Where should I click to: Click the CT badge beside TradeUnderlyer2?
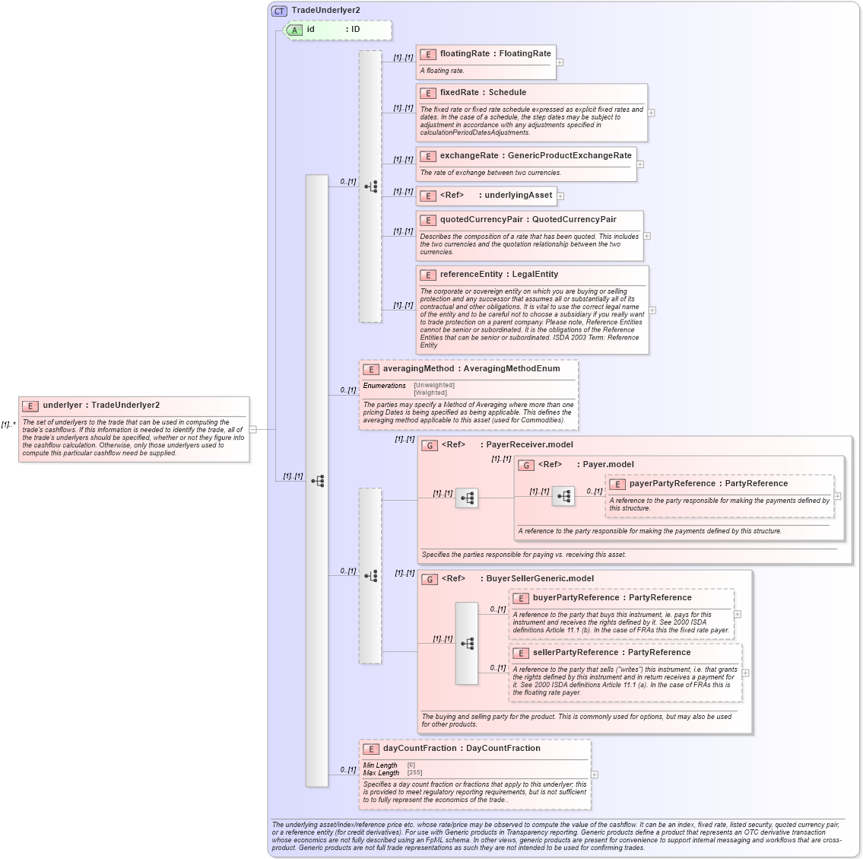279,11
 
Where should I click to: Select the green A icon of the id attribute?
294,30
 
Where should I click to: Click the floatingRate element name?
465,54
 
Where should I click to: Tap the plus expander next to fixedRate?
652,113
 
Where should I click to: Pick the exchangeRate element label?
468,156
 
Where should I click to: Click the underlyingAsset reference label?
518,196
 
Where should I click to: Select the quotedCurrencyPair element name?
481,220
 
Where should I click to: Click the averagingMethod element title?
418,369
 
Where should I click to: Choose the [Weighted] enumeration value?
430,393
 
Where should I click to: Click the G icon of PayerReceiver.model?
430,445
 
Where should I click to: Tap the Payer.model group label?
608,465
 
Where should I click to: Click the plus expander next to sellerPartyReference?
745,673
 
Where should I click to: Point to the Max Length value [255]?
414,773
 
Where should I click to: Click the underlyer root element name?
65,406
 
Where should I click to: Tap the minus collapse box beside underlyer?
253,429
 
